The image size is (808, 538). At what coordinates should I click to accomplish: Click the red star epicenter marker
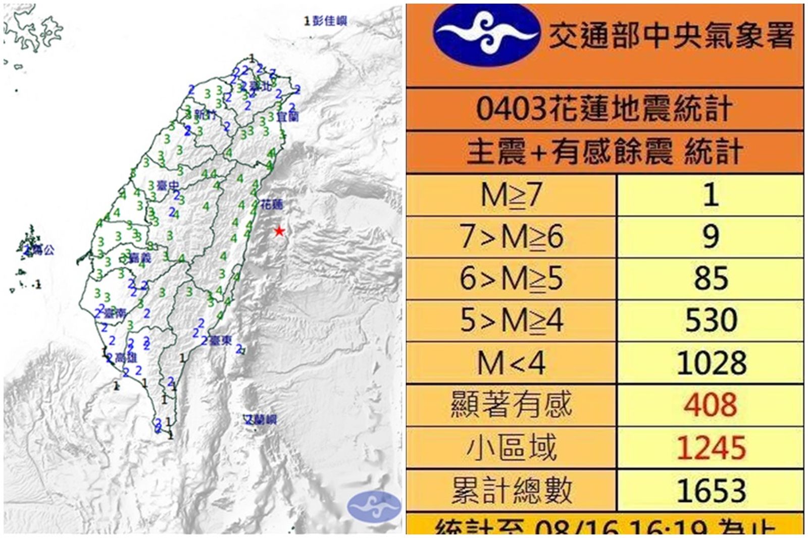tap(279, 231)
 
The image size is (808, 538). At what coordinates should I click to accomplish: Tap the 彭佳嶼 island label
tap(329, 21)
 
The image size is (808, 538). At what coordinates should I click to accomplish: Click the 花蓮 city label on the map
tap(272, 204)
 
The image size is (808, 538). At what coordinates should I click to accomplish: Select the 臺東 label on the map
tap(220, 341)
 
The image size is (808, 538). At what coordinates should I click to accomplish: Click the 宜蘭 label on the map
tap(287, 117)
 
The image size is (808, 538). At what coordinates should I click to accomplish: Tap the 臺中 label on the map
tap(168, 186)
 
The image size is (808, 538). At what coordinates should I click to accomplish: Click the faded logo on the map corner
tap(374, 506)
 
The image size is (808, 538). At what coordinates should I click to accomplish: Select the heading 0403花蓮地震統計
tap(604, 109)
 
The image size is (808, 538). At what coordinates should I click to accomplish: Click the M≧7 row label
tap(511, 195)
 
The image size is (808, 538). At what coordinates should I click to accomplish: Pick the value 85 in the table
tap(711, 279)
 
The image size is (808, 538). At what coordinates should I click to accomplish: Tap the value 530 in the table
tap(711, 320)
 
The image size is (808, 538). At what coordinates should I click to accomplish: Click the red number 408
tap(711, 405)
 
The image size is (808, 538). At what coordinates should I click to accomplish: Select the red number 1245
tap(711, 448)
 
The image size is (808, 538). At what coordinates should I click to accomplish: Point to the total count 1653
tap(711, 490)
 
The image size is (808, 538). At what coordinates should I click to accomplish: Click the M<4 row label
tap(511, 363)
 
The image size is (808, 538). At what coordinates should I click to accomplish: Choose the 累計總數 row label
tap(511, 490)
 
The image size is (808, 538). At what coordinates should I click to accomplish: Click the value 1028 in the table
tap(711, 363)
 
